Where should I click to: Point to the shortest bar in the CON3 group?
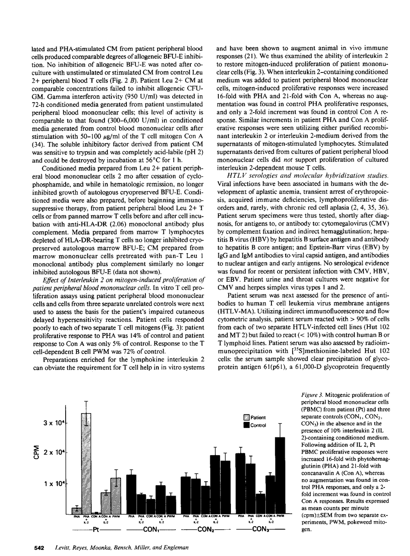pyautogui.click(x=260, y=504)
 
